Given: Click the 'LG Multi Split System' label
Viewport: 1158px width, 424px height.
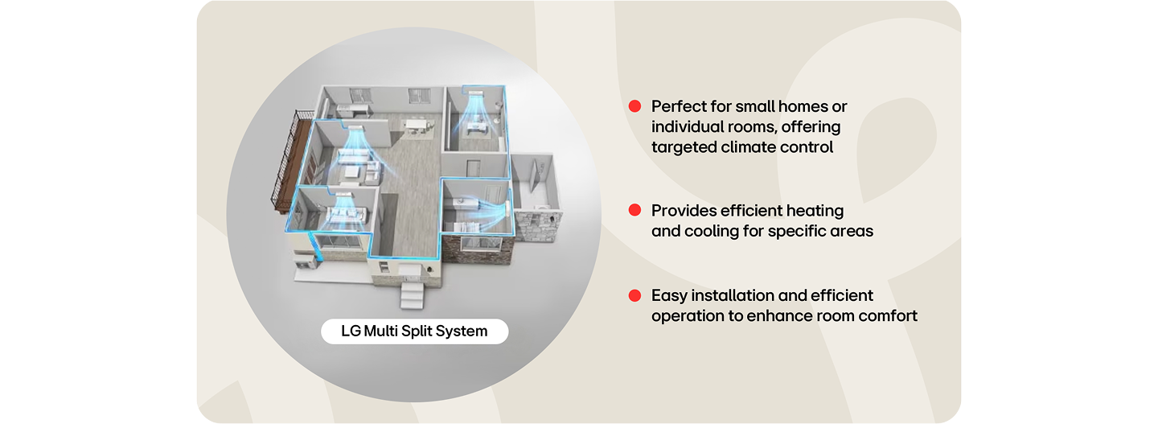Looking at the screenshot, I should pyautogui.click(x=414, y=331).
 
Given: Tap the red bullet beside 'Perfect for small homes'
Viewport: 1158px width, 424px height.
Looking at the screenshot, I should pyautogui.click(x=634, y=106).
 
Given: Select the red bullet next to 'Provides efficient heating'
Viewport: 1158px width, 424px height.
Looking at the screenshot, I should pyautogui.click(x=634, y=210).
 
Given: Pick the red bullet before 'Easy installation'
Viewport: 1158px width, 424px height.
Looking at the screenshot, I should pyautogui.click(x=634, y=295).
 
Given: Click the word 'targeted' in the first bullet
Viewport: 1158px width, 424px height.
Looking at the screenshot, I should pyautogui.click(x=681, y=147).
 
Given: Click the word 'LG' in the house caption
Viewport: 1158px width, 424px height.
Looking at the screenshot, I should pyautogui.click(x=351, y=331).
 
